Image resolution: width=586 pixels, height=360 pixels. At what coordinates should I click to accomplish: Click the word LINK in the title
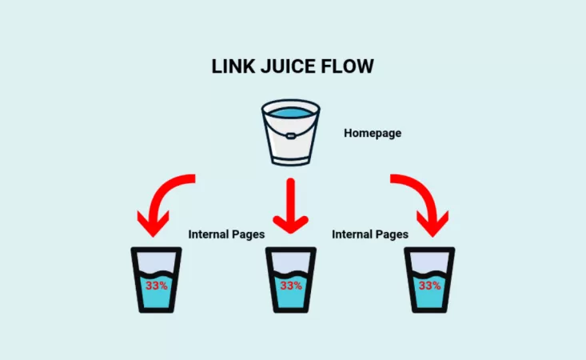point(233,66)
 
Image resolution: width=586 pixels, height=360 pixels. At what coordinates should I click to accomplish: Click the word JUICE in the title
point(287,66)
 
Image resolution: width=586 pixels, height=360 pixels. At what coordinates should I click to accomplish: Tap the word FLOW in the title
point(347,66)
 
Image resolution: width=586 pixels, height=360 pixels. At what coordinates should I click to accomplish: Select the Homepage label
point(372,133)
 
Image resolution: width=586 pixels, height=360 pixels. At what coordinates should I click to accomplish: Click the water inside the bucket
point(290,110)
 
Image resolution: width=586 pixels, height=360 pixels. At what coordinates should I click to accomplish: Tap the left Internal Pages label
point(225,235)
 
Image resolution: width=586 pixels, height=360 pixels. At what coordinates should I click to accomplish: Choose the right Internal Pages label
point(369,235)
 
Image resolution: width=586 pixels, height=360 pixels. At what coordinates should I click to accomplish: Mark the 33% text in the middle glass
point(291,286)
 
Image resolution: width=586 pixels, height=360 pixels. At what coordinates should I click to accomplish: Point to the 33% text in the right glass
point(429,286)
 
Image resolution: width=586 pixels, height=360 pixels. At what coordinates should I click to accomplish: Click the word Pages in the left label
point(246,235)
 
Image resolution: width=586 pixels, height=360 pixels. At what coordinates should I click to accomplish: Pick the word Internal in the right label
point(353,235)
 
